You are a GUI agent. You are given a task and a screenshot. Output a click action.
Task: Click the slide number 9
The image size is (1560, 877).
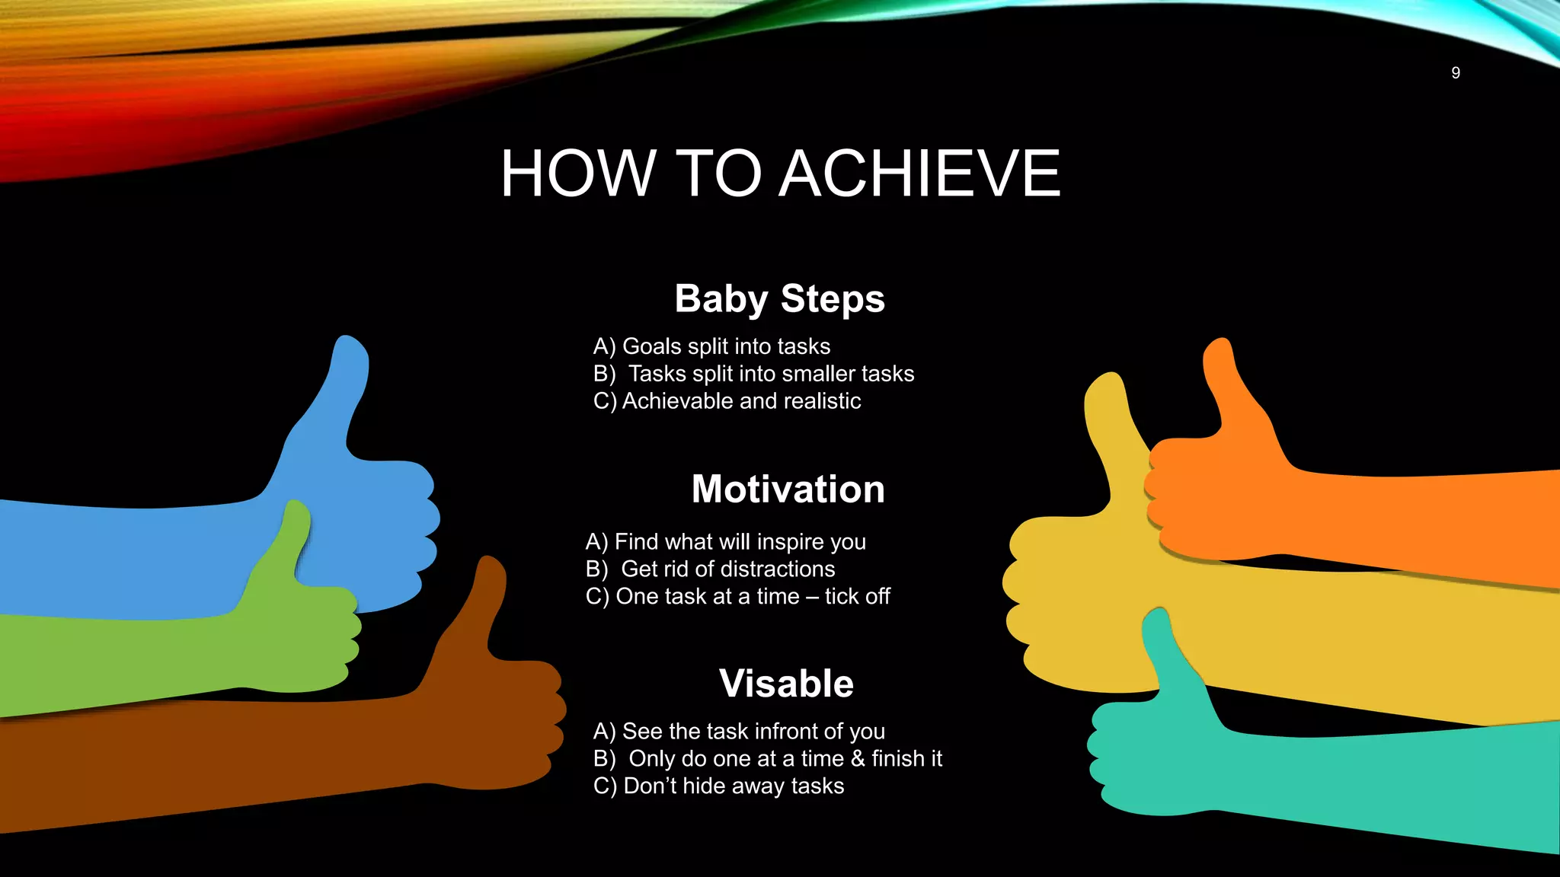click(x=1455, y=73)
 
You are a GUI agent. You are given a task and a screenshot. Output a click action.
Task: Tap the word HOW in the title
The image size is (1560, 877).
click(x=577, y=174)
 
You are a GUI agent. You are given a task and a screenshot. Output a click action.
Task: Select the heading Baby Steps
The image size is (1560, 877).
click(x=779, y=298)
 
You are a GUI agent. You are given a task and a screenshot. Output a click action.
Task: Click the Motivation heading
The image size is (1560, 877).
click(x=788, y=489)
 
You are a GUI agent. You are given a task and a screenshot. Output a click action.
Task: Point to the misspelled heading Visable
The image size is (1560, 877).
click(x=786, y=683)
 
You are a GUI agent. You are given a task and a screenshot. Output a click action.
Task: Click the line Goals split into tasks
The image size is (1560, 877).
click(x=725, y=346)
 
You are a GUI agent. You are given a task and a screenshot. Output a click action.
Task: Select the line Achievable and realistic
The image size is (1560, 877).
click(x=740, y=401)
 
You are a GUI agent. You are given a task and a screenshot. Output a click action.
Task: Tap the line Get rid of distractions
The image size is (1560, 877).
click(x=727, y=569)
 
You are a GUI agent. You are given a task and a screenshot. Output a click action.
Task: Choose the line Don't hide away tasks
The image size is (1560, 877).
click(x=733, y=786)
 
